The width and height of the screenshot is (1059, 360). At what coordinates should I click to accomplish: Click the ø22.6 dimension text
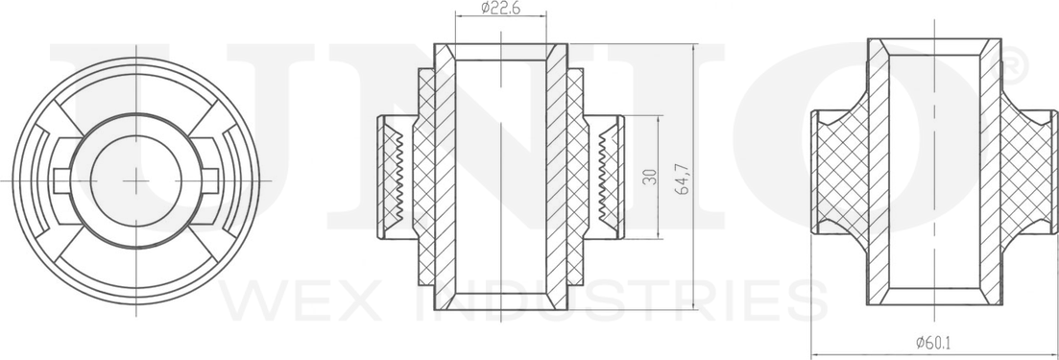pos(499,9)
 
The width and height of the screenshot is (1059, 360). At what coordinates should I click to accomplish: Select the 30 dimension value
pos(652,178)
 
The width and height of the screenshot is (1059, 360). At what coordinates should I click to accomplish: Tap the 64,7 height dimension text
pos(684,179)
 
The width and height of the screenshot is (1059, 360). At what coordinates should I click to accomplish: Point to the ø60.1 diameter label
pos(934,341)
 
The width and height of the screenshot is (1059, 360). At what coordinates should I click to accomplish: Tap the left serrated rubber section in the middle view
pos(394,178)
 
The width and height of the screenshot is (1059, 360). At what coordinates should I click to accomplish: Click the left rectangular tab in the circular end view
pos(65,179)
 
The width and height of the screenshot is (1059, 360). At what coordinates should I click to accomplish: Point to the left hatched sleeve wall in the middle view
pos(445,178)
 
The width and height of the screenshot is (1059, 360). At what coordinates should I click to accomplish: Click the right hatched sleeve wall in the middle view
pos(557,178)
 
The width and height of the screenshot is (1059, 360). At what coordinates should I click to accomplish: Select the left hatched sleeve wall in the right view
pos(879,173)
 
